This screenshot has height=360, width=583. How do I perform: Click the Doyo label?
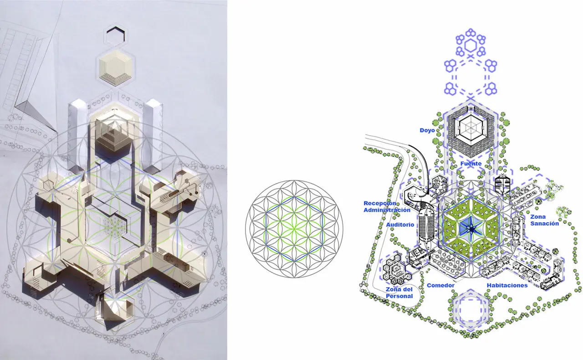pos(427,130)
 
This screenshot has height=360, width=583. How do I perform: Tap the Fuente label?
pos(471,164)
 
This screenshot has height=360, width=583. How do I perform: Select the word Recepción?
pos(380,203)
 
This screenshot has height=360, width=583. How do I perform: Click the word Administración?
pos(387,210)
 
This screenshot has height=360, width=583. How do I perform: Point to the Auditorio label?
pos(400,225)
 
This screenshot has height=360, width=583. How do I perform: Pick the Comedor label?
pos(440,285)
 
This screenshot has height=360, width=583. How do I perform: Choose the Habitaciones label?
pos(507,285)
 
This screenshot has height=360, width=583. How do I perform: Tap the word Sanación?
pos(544,223)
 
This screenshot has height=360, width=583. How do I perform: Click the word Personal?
pos(399,296)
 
